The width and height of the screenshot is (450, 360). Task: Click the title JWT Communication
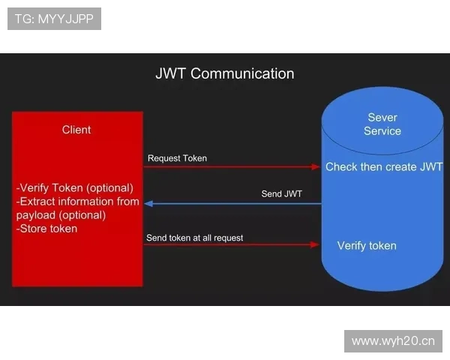pos(224,73)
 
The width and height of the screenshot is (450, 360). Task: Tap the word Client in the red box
pos(76,130)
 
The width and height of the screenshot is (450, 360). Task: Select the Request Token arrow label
pos(177,158)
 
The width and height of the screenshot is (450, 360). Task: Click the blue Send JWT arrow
pos(232,203)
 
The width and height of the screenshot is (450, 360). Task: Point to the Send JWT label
pos(281,193)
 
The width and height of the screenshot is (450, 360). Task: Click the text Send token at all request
pos(195,238)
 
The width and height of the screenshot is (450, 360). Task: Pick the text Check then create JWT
pos(384,166)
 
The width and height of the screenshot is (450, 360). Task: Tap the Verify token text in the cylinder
pos(367,245)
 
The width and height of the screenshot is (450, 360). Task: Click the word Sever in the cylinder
pos(382,117)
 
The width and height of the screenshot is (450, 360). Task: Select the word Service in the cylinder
pos(382,130)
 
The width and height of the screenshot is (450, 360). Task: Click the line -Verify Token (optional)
pos(75,187)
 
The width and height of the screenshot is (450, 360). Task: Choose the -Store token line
pos(46,228)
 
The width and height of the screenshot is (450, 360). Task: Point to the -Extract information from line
pos(78,201)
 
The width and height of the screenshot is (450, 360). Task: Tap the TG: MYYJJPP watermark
pos(54,19)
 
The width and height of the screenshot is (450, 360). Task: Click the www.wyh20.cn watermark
pos(393,341)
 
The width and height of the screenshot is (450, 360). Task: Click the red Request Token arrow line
pos(232,166)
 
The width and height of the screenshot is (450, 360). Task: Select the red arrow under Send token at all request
pos(232,244)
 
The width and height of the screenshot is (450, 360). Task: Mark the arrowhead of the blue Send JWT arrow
pos(148,203)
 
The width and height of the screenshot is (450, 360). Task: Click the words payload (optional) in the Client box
pos(61,214)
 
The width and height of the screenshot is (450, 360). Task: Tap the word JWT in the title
pos(171,73)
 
